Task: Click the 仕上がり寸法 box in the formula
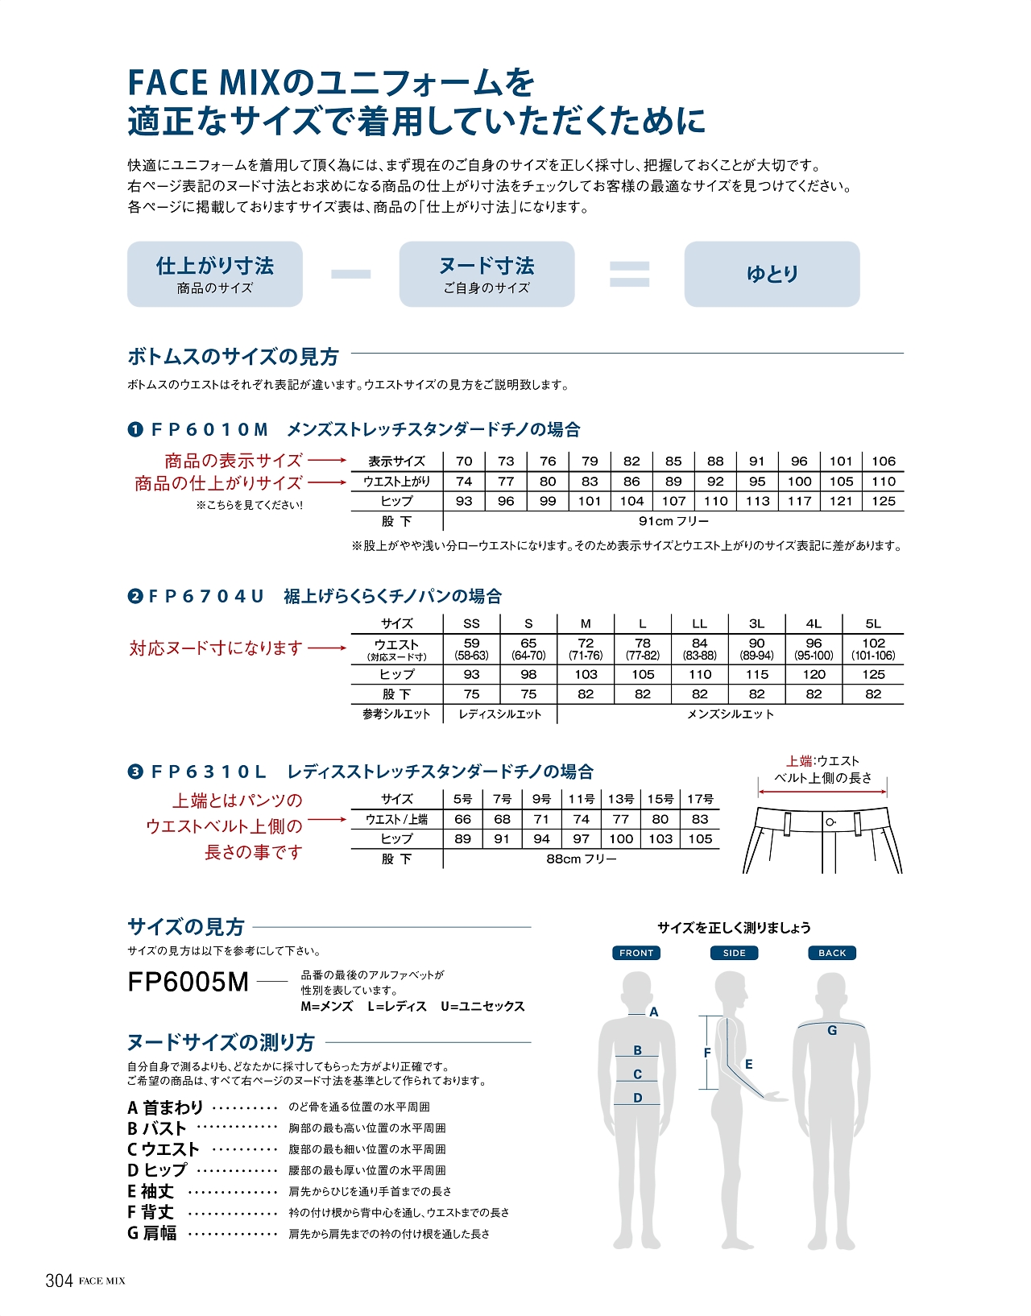(214, 274)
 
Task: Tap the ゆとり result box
(772, 274)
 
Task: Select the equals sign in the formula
(629, 274)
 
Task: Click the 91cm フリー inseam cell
(673, 521)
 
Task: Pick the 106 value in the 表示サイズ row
(883, 461)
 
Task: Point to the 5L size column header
(873, 623)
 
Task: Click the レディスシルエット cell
(499, 714)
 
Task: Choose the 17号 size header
(700, 799)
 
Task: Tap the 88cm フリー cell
(581, 859)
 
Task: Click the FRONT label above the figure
(636, 953)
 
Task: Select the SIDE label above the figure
(734, 953)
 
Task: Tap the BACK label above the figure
(832, 953)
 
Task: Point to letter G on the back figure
(832, 1030)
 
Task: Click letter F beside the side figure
(707, 1053)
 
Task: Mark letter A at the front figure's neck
(654, 1012)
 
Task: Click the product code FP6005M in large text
(188, 983)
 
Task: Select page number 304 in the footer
(59, 1281)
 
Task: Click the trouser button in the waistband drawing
(830, 821)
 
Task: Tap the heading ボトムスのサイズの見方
(233, 357)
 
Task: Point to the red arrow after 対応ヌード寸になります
(327, 648)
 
